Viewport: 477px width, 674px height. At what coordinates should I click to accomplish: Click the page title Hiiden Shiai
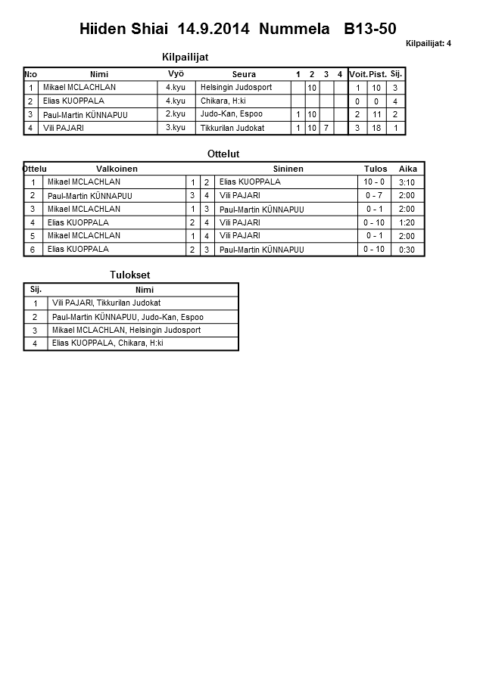click(125, 30)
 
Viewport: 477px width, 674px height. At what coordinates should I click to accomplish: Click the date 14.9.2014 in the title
click(214, 30)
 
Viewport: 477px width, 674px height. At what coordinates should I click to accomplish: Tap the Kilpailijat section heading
click(185, 57)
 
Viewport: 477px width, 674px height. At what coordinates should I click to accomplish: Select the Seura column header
click(244, 74)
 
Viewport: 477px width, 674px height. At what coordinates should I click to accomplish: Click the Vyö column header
click(176, 73)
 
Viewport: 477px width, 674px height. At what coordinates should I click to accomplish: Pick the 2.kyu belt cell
click(176, 114)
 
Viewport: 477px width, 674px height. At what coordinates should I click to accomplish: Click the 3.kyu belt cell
click(176, 128)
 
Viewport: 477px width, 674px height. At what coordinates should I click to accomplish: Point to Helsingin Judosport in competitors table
click(236, 88)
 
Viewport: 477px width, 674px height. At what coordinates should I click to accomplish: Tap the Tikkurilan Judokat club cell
click(232, 129)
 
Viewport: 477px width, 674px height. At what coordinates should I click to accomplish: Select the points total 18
click(377, 129)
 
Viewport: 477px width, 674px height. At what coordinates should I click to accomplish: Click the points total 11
click(377, 115)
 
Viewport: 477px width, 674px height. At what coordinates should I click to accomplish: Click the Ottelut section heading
click(223, 154)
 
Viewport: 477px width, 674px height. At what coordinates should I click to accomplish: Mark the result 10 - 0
click(374, 182)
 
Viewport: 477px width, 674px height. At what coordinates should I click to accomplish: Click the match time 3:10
click(407, 182)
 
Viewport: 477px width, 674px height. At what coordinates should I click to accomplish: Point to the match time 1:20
click(407, 223)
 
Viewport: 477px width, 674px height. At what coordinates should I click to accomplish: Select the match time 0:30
click(407, 250)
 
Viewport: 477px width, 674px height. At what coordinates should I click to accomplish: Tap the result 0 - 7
click(374, 196)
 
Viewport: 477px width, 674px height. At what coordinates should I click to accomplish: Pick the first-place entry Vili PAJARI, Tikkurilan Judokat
click(106, 303)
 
